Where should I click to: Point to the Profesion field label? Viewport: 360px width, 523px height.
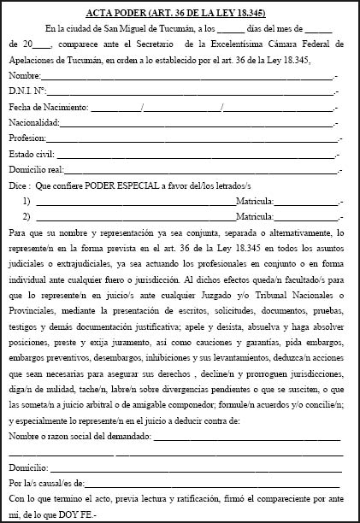(x=28, y=138)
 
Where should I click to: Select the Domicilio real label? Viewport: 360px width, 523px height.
(x=37, y=169)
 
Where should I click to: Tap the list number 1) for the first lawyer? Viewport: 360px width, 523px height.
(x=28, y=200)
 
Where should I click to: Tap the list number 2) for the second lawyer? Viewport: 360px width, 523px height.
(x=28, y=215)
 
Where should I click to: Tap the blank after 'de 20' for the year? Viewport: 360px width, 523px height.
(x=45, y=46)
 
